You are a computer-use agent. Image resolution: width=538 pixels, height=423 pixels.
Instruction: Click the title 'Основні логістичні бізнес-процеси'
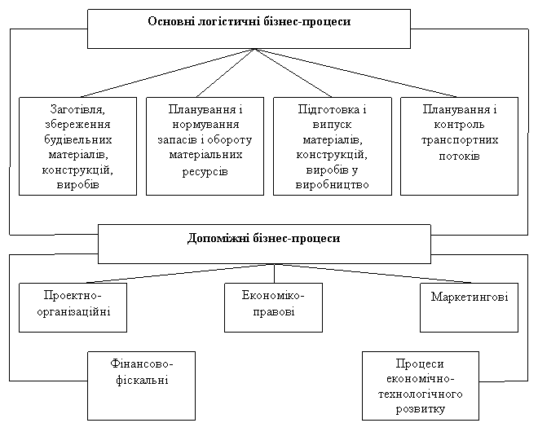click(x=249, y=21)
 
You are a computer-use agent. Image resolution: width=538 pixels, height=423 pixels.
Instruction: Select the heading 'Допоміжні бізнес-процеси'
click(x=263, y=238)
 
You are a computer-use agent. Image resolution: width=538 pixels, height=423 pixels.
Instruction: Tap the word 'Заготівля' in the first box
click(x=77, y=109)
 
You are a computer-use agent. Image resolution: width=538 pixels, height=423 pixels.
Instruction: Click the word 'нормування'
click(x=205, y=124)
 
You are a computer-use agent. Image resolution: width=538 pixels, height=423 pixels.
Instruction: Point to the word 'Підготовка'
click(x=329, y=109)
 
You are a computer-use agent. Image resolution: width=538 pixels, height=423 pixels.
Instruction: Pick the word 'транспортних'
click(x=460, y=140)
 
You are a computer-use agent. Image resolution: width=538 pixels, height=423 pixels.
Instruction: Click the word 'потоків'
click(x=459, y=156)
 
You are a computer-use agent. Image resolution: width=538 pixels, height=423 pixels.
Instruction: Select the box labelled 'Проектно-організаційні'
click(x=73, y=307)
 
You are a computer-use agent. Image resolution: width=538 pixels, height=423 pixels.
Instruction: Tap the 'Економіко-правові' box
click(x=273, y=307)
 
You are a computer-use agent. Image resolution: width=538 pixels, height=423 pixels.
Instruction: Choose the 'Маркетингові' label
click(x=470, y=297)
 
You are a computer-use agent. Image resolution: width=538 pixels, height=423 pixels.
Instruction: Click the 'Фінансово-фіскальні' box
click(x=141, y=386)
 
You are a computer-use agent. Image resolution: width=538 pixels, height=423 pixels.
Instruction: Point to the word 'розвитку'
click(x=421, y=409)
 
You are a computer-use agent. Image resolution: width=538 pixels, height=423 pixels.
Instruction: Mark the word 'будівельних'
click(x=78, y=139)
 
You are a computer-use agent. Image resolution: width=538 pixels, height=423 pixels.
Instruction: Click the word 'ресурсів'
click(x=205, y=171)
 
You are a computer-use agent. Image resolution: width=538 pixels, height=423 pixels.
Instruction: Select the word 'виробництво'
click(x=332, y=184)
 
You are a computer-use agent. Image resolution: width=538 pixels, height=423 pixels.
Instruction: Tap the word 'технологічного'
click(x=421, y=394)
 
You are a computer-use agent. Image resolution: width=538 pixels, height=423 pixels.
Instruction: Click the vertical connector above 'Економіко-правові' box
click(x=275, y=273)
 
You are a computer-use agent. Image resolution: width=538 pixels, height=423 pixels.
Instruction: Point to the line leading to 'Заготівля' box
click(x=167, y=73)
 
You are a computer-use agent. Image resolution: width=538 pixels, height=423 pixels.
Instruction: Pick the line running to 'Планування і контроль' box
click(x=355, y=73)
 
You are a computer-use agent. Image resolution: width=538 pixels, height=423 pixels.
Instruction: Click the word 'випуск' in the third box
click(x=332, y=125)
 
